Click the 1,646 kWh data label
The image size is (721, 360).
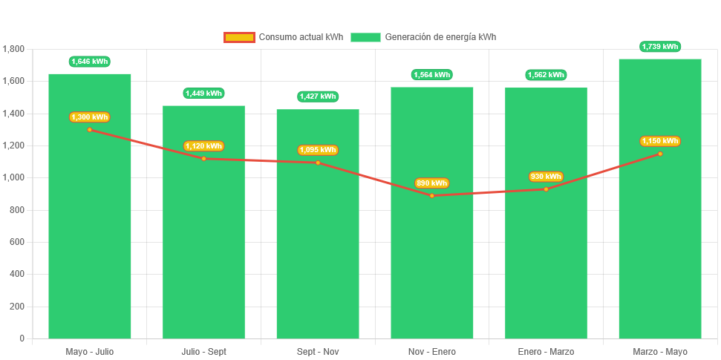pyautogui.click(x=89, y=62)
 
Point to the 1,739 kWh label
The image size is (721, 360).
pyautogui.click(x=660, y=47)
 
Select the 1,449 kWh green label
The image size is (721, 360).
pyautogui.click(x=203, y=94)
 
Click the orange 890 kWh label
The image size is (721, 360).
pyautogui.click(x=432, y=183)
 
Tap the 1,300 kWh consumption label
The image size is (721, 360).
pyautogui.click(x=89, y=117)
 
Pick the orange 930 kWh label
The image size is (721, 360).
pyautogui.click(x=546, y=177)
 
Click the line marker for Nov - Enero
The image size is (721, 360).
pyautogui.click(x=432, y=195)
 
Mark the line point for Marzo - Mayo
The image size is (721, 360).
pyautogui.click(x=660, y=154)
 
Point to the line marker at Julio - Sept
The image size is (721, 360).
pyautogui.click(x=203, y=158)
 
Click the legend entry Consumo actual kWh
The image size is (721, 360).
pyautogui.click(x=284, y=37)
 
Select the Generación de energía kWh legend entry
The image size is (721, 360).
pyautogui.click(x=424, y=37)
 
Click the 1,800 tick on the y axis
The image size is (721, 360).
pyautogui.click(x=14, y=49)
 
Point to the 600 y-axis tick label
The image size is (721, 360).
pyautogui.click(x=18, y=242)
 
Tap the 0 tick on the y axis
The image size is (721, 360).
pyautogui.click(x=22, y=338)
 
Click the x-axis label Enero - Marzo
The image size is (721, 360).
pyautogui.click(x=546, y=352)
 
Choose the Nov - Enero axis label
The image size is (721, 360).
pyautogui.click(x=432, y=352)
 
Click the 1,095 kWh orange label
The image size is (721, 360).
pyautogui.click(x=318, y=150)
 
